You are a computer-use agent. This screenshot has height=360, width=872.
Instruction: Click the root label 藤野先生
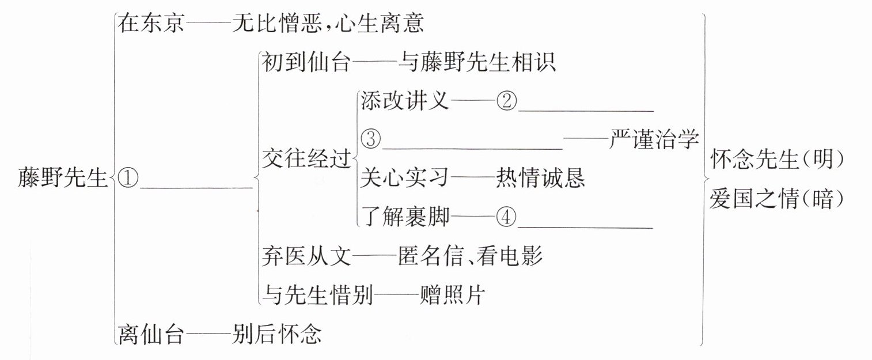[63, 177]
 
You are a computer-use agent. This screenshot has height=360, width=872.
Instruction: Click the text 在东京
[150, 24]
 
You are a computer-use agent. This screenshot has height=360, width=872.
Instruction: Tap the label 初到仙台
[305, 62]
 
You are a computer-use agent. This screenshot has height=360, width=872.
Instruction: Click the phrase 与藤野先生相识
[477, 62]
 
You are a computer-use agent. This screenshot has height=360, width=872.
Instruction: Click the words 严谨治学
[654, 139]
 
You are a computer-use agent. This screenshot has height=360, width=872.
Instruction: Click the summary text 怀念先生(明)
[777, 159]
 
